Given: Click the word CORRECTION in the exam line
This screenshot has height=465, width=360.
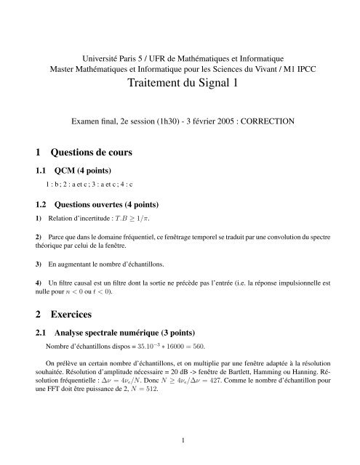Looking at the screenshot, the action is (x=264, y=124).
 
